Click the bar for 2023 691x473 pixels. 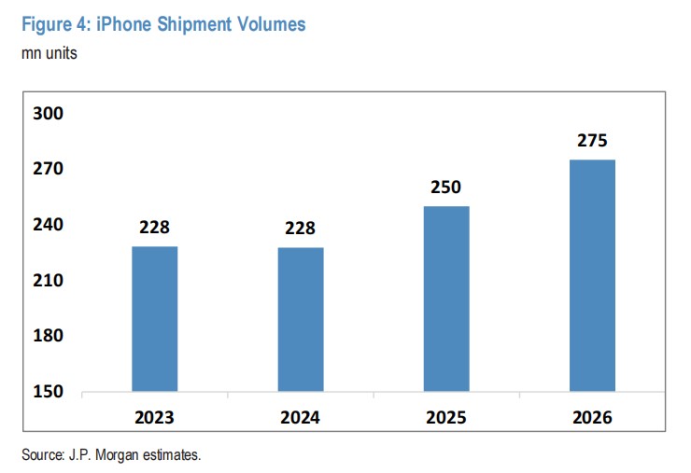point(155,318)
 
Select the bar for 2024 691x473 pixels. point(301,319)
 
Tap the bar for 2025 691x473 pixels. point(446,299)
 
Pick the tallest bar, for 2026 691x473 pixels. point(592,275)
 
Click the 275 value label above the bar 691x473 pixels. point(592,141)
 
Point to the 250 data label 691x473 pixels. point(446,188)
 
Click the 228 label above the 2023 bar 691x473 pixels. point(155,227)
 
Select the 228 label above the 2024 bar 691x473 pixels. point(301,228)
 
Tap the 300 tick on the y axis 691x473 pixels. point(47,114)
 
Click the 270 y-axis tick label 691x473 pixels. point(47,170)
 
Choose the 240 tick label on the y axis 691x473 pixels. point(47,225)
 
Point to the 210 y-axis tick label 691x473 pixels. point(47,280)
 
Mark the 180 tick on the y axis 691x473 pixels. point(47,336)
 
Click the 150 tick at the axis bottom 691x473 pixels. point(47,391)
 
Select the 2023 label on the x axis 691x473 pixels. point(155,417)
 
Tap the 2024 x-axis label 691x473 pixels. point(301,417)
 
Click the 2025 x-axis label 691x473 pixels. point(446,417)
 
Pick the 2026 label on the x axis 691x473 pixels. point(592,417)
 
